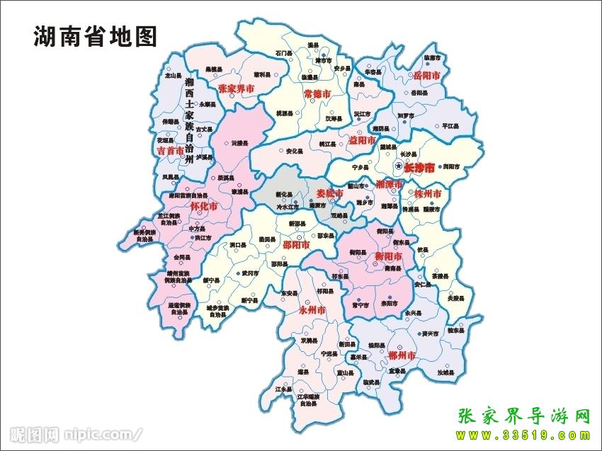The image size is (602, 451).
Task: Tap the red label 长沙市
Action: (419, 168)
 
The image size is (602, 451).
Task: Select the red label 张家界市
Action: (236, 89)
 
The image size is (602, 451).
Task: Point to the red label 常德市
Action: (317, 93)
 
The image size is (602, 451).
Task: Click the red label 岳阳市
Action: (427, 75)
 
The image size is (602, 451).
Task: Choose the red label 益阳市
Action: (362, 140)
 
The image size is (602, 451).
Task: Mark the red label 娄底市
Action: (329, 193)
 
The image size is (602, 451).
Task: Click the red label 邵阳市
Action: (296, 245)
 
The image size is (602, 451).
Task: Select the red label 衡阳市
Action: (389, 256)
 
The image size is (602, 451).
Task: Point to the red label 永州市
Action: (312, 310)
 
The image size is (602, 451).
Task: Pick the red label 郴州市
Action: (402, 354)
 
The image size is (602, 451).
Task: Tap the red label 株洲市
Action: (428, 194)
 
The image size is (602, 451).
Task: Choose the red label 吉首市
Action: (170, 151)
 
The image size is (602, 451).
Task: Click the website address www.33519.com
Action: (525, 435)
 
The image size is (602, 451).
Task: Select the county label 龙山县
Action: (173, 74)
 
